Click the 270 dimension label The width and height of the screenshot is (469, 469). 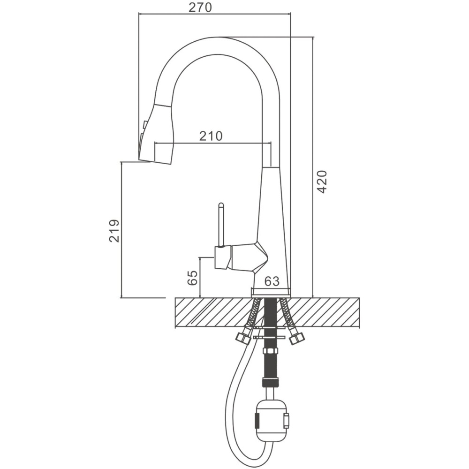pyautogui.click(x=200, y=7)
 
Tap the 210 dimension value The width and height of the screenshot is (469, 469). pyautogui.click(x=211, y=136)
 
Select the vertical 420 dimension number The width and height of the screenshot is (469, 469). pyautogui.click(x=322, y=182)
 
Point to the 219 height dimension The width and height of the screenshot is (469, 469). pyautogui.click(x=114, y=231)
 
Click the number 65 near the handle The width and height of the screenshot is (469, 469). pyautogui.click(x=193, y=278)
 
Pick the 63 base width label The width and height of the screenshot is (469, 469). pyautogui.click(x=272, y=281)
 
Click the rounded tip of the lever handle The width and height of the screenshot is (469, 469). pyautogui.click(x=221, y=205)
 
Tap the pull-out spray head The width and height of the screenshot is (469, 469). pyautogui.click(x=156, y=133)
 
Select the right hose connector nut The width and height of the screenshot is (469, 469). pyautogui.click(x=298, y=338)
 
